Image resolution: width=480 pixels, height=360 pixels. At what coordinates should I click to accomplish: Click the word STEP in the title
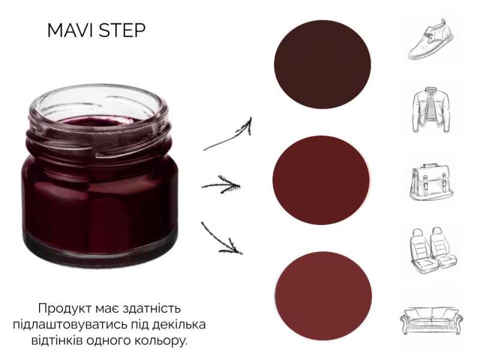[122, 31]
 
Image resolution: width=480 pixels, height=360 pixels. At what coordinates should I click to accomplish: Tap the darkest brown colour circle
[322, 64]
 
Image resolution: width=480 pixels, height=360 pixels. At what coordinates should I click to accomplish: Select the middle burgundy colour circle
[321, 180]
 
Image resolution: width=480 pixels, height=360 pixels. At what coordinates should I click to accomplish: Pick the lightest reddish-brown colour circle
[323, 295]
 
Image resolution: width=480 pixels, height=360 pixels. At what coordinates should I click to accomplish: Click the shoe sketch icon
[431, 40]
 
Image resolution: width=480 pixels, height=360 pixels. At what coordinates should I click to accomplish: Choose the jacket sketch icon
[431, 110]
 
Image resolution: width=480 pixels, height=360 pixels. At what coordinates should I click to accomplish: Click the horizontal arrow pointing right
[221, 185]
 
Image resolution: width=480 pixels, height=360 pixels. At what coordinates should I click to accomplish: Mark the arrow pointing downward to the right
[221, 239]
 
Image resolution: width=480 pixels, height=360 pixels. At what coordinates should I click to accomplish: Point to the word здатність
[152, 308]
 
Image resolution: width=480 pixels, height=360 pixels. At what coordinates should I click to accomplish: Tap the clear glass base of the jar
[100, 250]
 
